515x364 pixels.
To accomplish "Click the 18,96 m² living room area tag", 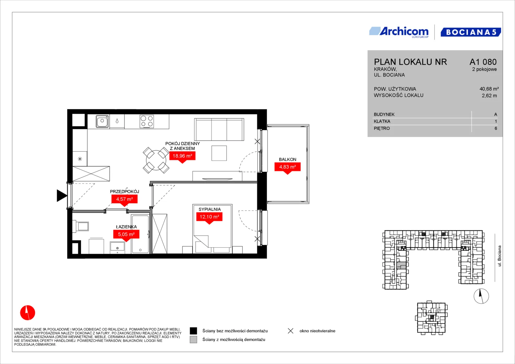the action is tap(182, 156).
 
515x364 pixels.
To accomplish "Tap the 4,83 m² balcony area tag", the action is tap(287, 167).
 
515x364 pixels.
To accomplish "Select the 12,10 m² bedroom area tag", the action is tap(209, 217).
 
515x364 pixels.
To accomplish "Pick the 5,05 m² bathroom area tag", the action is tap(126, 234).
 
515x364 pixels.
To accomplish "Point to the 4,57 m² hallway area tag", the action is tap(124, 199).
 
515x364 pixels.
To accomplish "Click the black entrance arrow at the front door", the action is tap(62, 196).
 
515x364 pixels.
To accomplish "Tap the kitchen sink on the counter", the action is tap(102, 121).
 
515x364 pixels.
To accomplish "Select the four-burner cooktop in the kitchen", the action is tap(147, 121).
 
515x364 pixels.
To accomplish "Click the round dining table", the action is tap(156, 160).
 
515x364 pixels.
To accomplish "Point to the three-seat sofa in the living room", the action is tap(219, 129).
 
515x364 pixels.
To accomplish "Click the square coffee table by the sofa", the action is tap(219, 153).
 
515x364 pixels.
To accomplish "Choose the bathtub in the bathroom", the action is tap(140, 234).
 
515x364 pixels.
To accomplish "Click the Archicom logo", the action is tap(399, 32).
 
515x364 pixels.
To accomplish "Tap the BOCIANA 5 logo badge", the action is tap(470, 32).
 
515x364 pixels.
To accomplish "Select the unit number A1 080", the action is tap(483, 62).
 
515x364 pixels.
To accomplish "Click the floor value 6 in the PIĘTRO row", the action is tap(496, 128).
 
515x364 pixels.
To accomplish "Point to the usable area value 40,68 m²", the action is tap(489, 89).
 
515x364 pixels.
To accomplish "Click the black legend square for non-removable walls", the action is tap(193, 331).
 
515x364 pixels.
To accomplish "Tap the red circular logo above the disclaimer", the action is tap(28, 312).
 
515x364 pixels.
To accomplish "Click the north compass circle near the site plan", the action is tap(481, 296).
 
